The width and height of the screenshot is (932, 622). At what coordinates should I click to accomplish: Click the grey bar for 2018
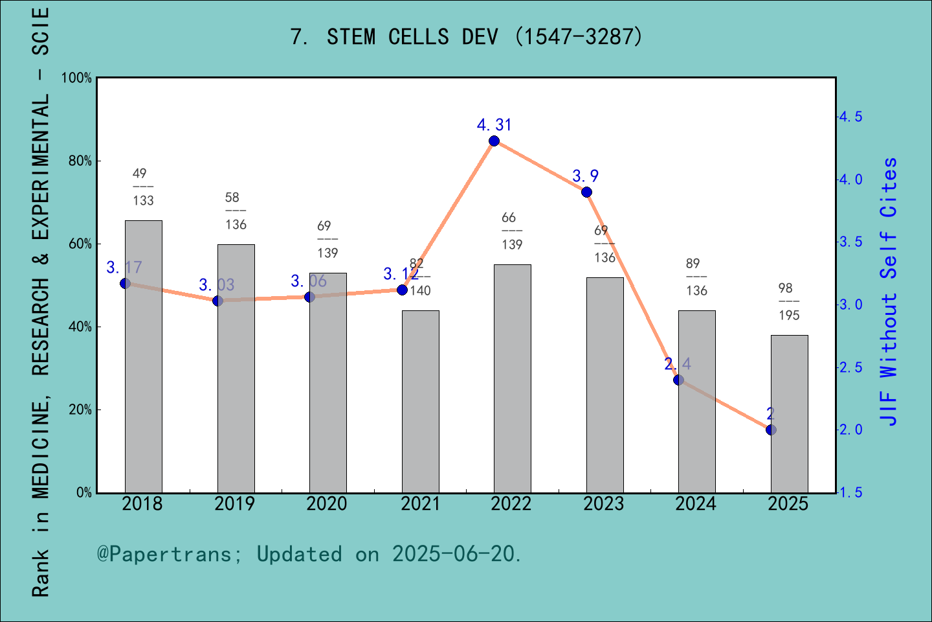[x=143, y=356]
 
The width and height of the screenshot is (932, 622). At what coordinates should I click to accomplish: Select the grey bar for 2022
[x=512, y=378]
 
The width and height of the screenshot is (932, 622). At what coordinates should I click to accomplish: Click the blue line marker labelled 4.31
[x=494, y=141]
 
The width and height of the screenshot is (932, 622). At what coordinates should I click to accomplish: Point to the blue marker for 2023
[x=586, y=192]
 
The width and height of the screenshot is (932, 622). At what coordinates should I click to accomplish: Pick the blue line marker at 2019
[x=217, y=301]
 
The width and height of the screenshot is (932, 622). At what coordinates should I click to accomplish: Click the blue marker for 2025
[x=771, y=430]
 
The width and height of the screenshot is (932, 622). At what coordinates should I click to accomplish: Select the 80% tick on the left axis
[x=80, y=161]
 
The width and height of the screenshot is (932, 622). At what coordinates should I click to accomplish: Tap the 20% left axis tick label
[x=80, y=410]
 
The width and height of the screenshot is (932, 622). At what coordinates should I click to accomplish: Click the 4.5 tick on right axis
[x=850, y=117]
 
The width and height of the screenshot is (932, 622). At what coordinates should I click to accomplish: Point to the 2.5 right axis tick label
[x=850, y=367]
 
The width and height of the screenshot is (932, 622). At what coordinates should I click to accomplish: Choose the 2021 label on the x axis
[x=420, y=504]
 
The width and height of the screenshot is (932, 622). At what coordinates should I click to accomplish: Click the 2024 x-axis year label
[x=696, y=504]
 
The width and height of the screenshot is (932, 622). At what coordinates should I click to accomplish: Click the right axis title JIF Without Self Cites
[x=889, y=292]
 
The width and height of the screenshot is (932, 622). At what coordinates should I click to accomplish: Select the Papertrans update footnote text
[x=309, y=554]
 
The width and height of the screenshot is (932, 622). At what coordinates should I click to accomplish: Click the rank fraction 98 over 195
[x=788, y=302]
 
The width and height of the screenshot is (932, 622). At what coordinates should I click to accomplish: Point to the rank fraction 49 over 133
[x=142, y=187]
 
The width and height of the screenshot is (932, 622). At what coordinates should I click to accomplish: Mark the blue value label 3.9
[x=585, y=176]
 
